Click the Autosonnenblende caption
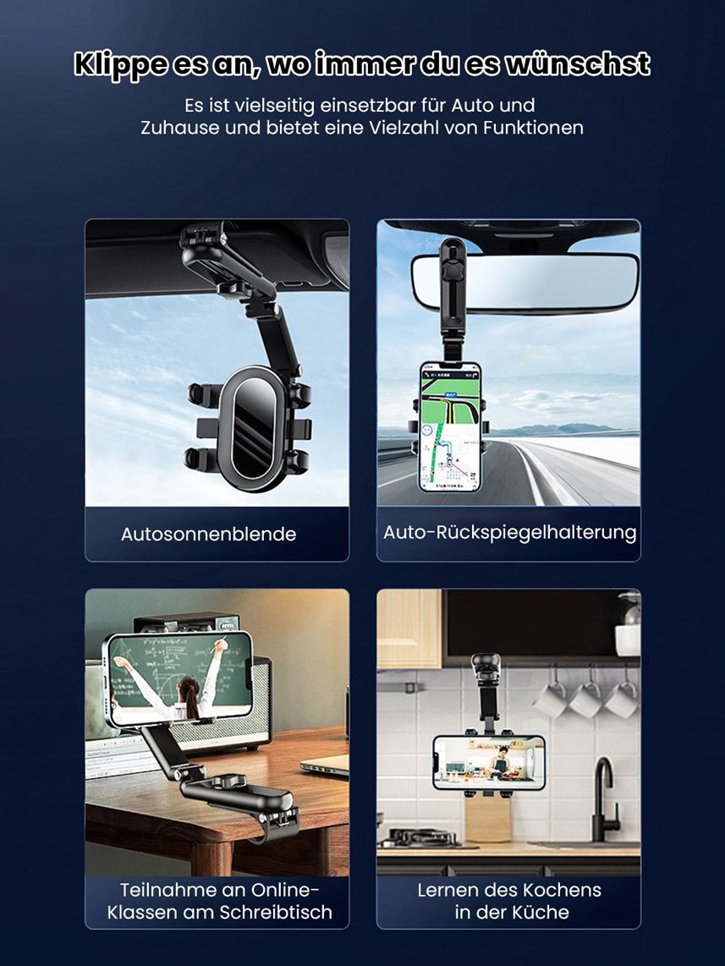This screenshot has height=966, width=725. pos(208,534)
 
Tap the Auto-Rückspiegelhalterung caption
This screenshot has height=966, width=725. pos(509,532)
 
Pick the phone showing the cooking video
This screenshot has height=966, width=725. pos(488,763)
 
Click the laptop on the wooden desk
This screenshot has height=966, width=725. pos(325,764)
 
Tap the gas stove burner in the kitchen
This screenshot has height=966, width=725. pos(418,838)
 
